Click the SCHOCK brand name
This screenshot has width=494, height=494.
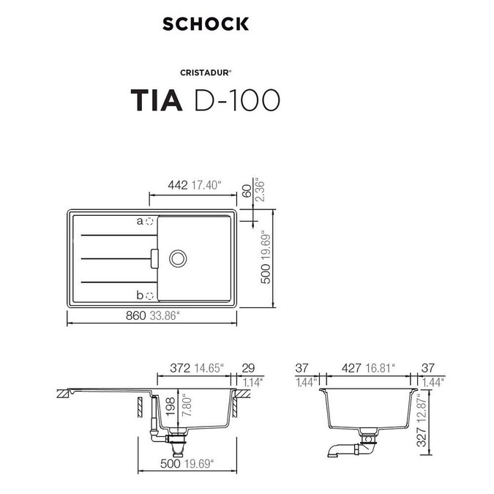(206, 23)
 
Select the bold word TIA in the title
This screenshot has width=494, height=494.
(156, 100)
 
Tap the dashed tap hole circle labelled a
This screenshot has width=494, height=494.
(149, 220)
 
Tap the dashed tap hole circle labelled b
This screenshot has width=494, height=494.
(149, 296)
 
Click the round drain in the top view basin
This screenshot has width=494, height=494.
(177, 258)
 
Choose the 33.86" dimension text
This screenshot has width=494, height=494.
(165, 317)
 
